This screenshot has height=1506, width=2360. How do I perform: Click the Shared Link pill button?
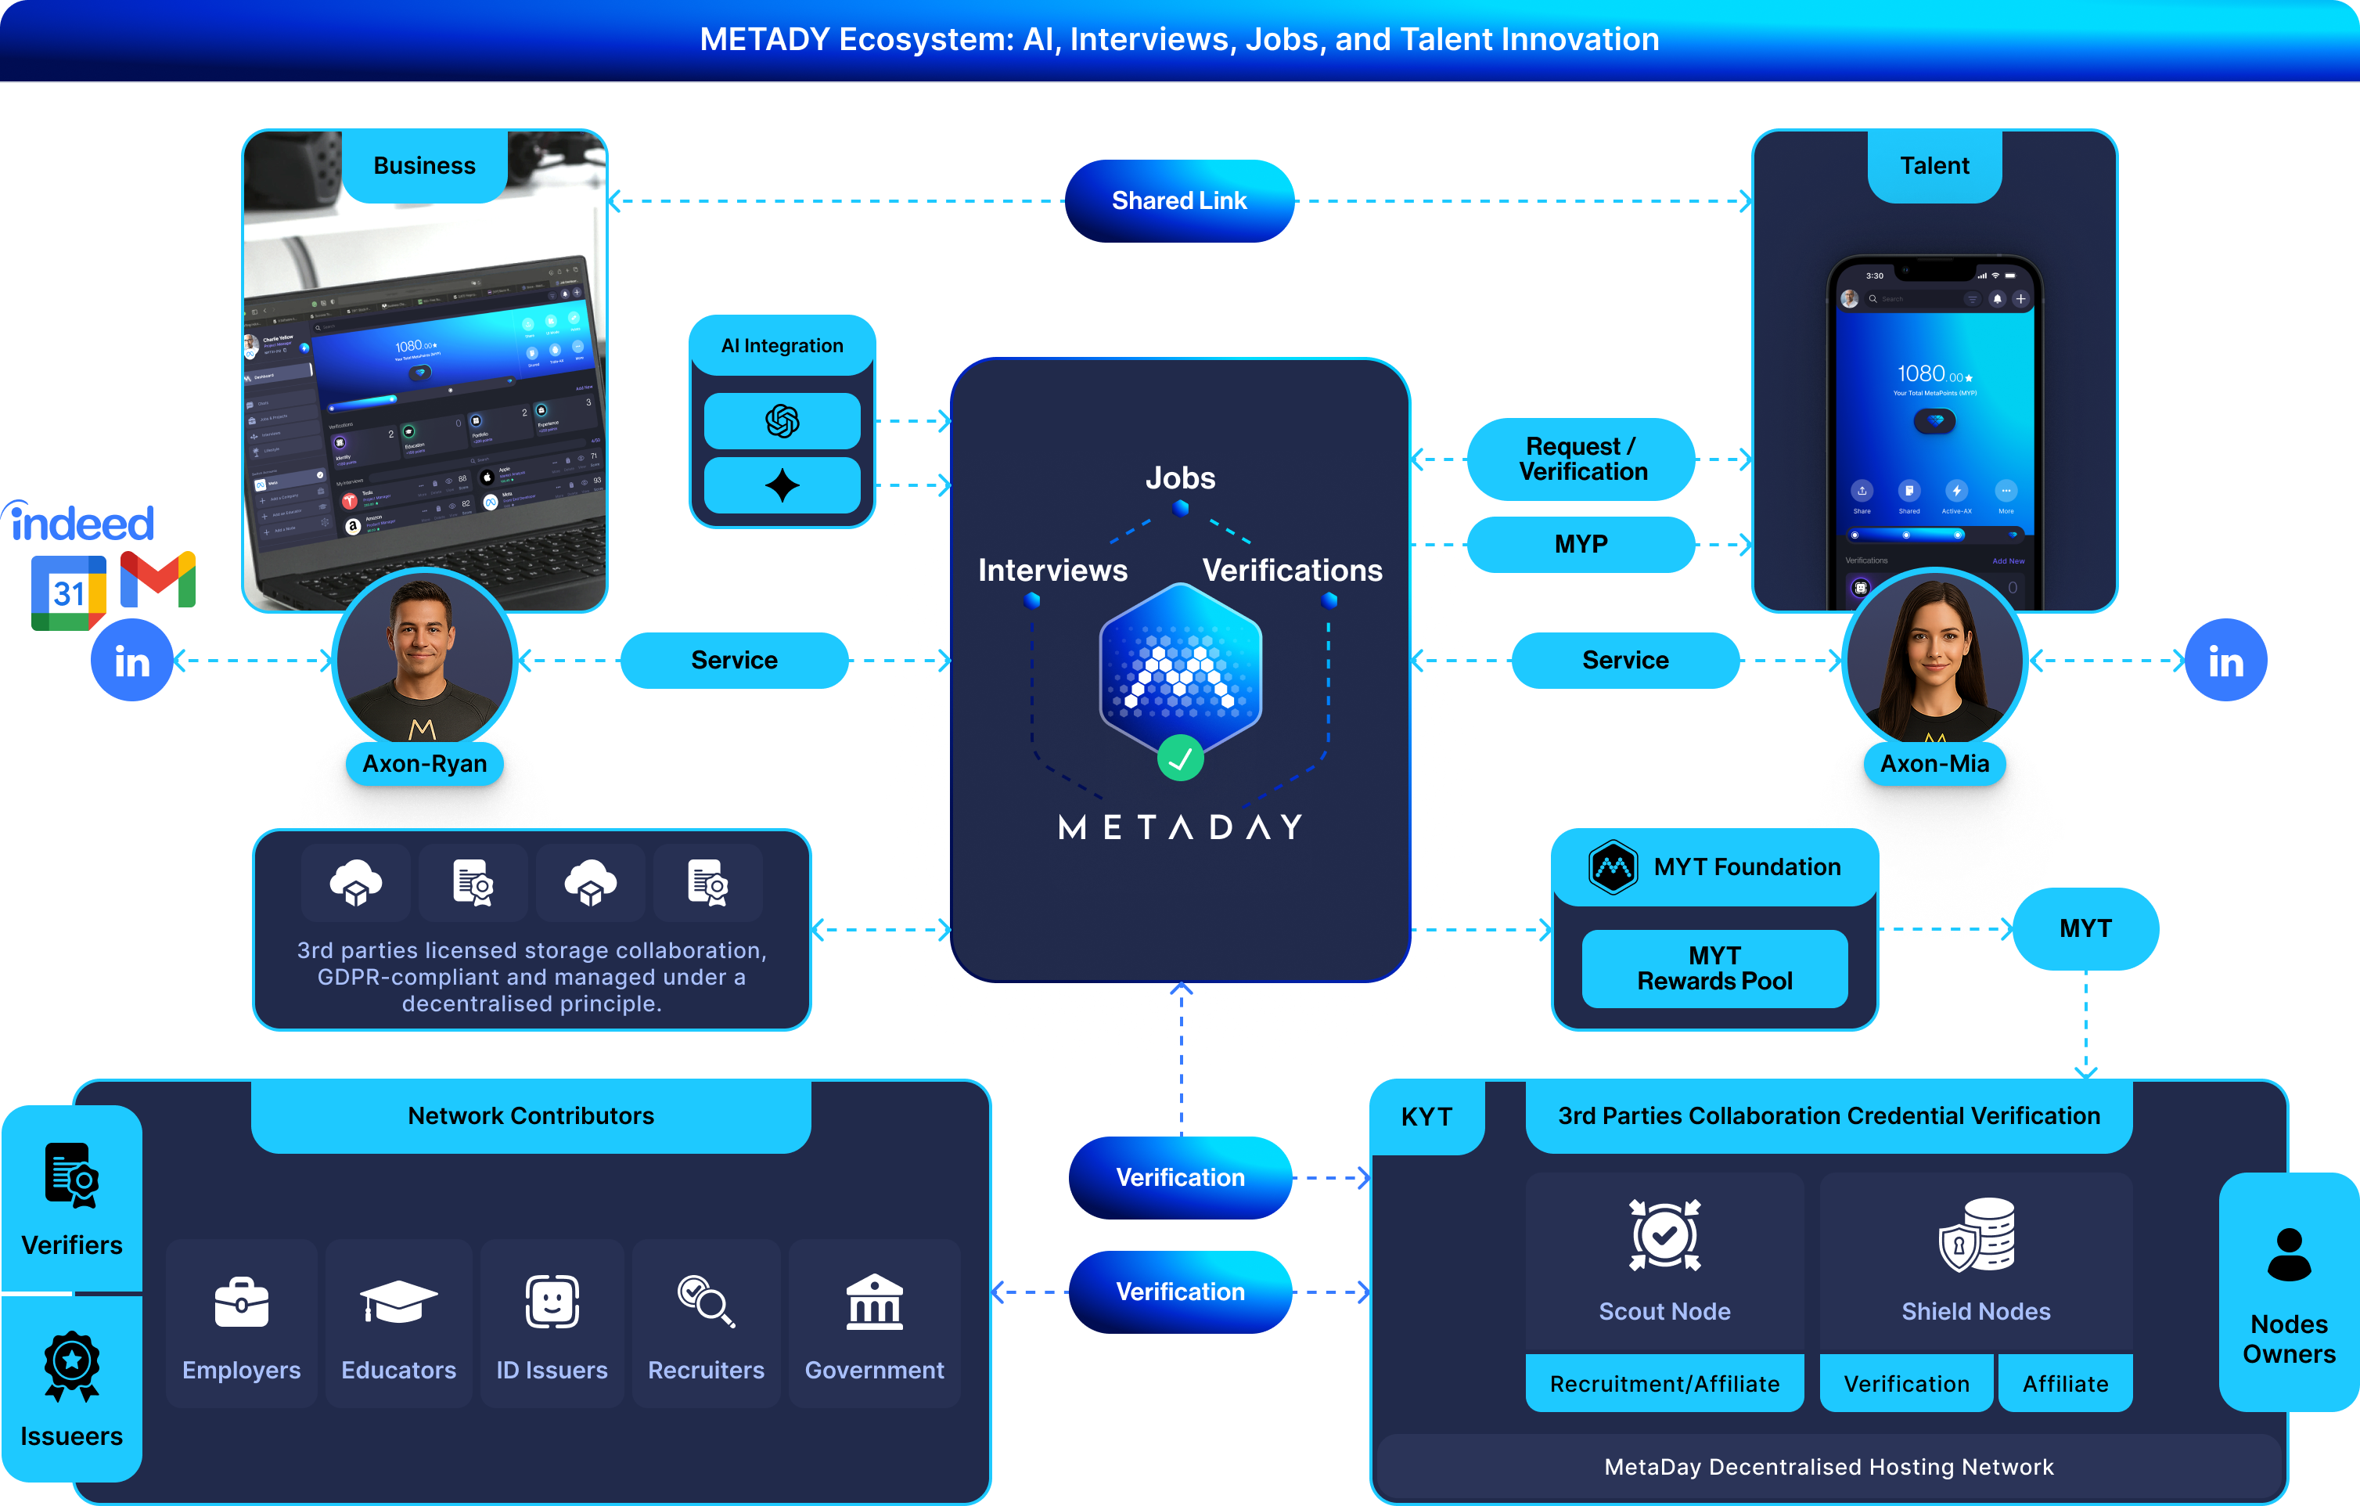pyautogui.click(x=1179, y=201)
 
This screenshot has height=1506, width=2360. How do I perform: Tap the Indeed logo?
pyautogui.click(x=82, y=523)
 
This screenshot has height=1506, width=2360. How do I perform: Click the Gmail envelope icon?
pyautogui.click(x=158, y=579)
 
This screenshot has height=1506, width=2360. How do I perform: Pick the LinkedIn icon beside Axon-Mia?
pyautogui.click(x=2225, y=661)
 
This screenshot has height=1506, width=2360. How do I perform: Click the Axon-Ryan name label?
pyautogui.click(x=424, y=764)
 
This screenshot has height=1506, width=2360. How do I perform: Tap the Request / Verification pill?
pyautogui.click(x=1582, y=459)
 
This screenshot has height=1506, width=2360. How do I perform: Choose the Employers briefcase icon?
pyautogui.click(x=241, y=1302)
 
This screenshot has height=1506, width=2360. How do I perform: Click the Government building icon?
pyautogui.click(x=874, y=1302)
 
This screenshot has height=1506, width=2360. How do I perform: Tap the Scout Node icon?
pyautogui.click(x=1664, y=1234)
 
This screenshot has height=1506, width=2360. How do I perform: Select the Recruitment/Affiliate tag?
pyautogui.click(x=1664, y=1383)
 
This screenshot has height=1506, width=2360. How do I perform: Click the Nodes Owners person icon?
pyautogui.click(x=2289, y=1254)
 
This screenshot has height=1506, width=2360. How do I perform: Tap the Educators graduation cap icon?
pyautogui.click(x=398, y=1302)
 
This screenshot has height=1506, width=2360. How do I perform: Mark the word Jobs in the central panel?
pyautogui.click(x=1180, y=478)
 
